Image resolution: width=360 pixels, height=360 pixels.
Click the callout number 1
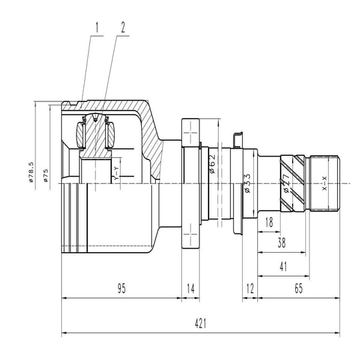[x=97, y=27]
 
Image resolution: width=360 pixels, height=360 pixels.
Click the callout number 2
[x=123, y=27]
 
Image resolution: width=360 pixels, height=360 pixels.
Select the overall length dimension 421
[x=201, y=324]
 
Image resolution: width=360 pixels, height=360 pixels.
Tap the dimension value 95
[x=122, y=289]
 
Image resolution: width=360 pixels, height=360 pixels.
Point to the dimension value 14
[x=191, y=289]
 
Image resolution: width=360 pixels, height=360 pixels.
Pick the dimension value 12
[x=250, y=289]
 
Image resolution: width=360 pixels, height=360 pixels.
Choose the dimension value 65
[x=299, y=289]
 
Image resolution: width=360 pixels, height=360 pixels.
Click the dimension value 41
[x=283, y=267]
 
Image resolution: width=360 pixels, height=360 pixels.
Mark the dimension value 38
[x=282, y=243]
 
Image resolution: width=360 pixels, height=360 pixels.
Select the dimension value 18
[x=269, y=222]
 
